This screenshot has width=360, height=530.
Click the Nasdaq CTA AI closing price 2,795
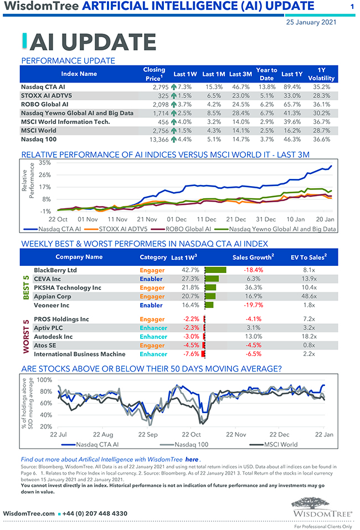[164, 87]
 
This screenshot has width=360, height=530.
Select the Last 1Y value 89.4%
[292, 87]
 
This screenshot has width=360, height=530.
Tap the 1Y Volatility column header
[321, 74]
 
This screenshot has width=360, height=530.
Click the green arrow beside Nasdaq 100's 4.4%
[174, 139]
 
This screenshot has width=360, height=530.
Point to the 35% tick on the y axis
[44, 163]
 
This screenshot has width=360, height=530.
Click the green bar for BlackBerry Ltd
[216, 270]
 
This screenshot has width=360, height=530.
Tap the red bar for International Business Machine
[203, 354]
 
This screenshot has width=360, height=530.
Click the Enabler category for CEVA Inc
[151, 279]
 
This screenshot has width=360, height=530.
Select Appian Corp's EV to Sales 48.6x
[310, 296]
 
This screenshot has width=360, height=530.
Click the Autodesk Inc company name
[53, 337]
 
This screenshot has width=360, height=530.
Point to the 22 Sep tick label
[147, 435]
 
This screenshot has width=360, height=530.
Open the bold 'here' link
[192, 459]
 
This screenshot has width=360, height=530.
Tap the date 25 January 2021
[310, 23]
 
